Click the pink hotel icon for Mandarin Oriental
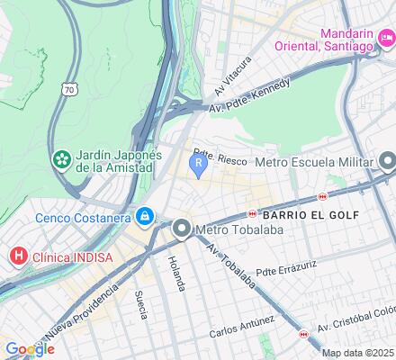(386, 38)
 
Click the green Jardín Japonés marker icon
(62, 160)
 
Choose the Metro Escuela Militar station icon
(388, 163)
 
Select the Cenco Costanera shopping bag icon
(145, 216)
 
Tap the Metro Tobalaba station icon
(183, 229)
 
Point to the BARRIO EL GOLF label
(310, 215)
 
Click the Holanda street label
(175, 273)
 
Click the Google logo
(29, 349)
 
